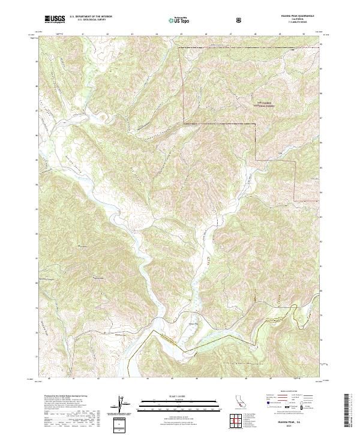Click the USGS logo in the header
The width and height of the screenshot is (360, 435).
55,19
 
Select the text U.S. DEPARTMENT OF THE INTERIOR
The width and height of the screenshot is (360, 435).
90,17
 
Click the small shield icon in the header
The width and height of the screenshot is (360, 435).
239,20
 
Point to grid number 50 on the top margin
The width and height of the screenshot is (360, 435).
305,33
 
